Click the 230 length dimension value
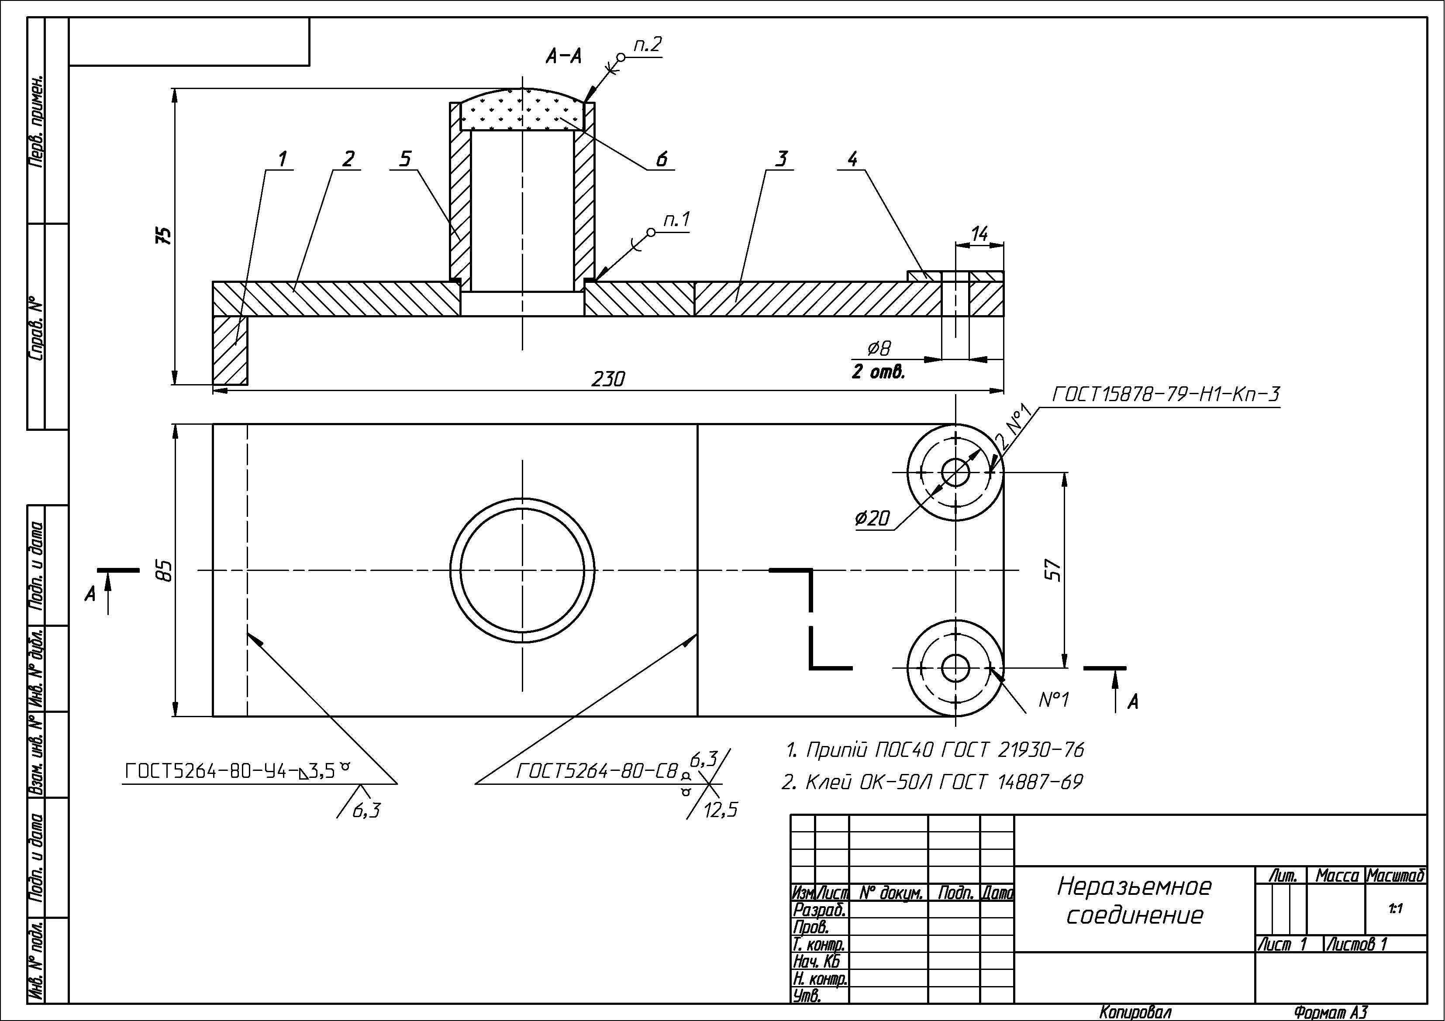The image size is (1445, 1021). coord(608,379)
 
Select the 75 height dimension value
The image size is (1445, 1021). coord(164,235)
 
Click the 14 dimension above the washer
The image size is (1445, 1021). coord(979,234)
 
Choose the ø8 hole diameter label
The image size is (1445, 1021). coord(879,348)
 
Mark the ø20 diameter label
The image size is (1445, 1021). coord(873,519)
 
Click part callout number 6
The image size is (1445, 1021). coord(662,159)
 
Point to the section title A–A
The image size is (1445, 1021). coord(563,57)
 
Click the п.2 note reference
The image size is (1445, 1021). coord(648,45)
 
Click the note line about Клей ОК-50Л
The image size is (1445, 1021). coord(932,782)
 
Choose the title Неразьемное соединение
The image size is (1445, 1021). coord(1134,900)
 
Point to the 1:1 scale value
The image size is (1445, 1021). coord(1395,908)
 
